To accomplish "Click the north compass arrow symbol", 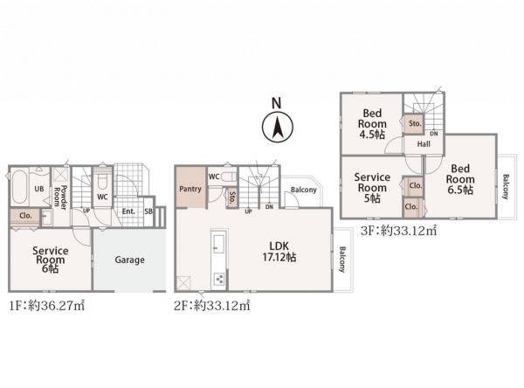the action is coord(278,127).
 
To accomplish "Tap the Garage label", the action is coord(129,260).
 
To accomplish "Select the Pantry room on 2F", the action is coord(190,188).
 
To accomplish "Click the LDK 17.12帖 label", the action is coord(279,252).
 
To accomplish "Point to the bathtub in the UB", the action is coord(19,187).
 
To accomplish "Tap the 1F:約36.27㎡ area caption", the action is coord(47,306).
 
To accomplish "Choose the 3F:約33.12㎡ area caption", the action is coord(399,231).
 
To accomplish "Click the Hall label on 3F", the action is coord(424,144).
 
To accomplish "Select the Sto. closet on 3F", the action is coord(414,124).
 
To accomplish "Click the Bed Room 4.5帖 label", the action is coord(372,124).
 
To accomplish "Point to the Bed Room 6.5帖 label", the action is coord(460,179).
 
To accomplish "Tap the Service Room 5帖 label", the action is coord(372,188).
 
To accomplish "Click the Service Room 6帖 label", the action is coord(50,260).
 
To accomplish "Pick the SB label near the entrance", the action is coord(148,211).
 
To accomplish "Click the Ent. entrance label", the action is coord(128,211).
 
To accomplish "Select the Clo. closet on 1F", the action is coord(25,217).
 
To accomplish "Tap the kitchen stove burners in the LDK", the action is coord(219,278).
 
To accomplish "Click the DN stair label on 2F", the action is coord(269,207).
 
